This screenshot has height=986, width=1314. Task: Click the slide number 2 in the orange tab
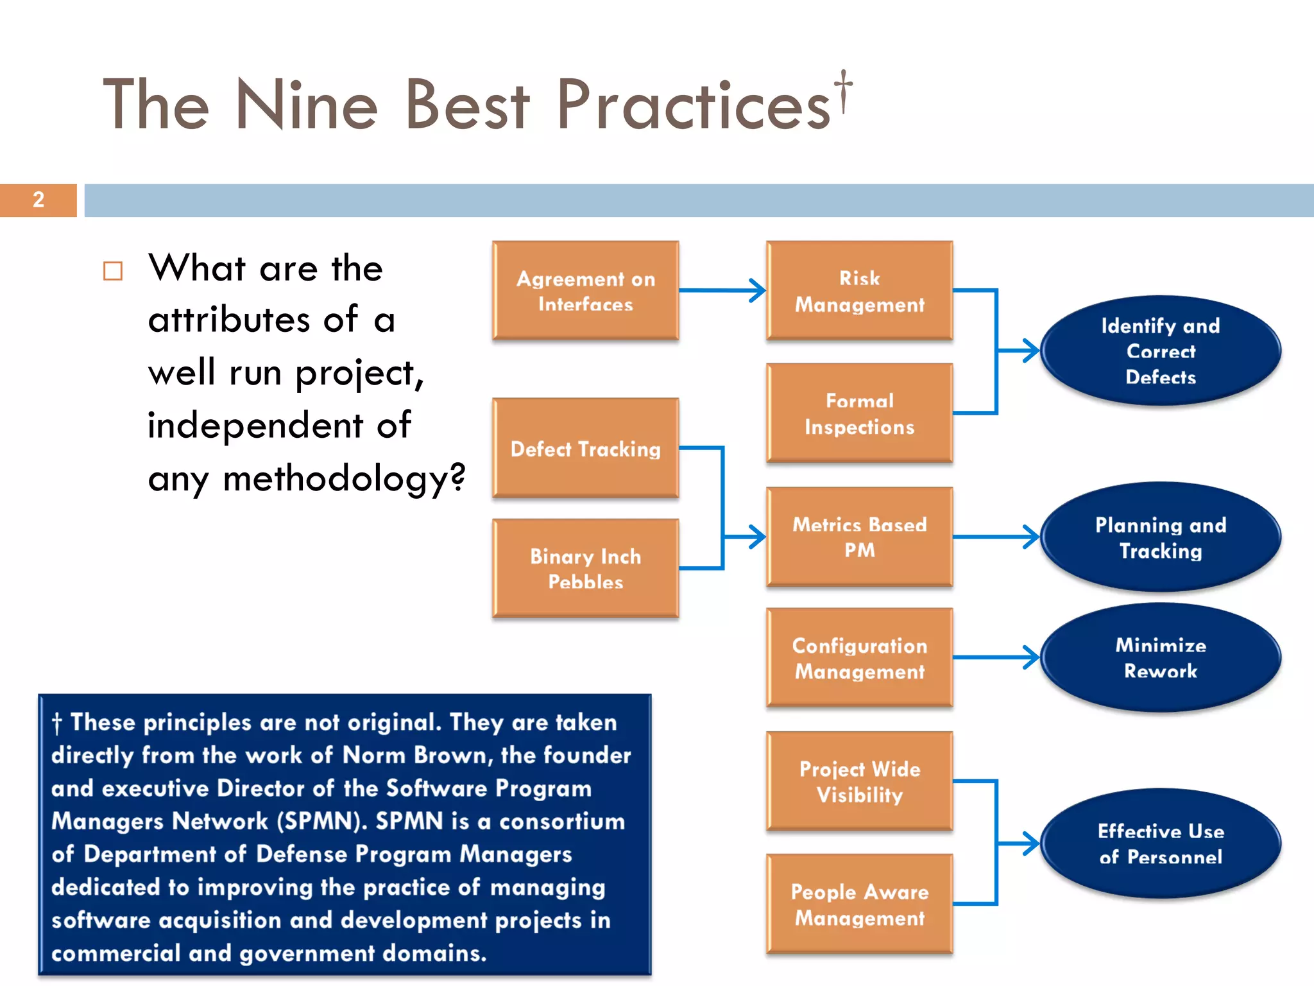click(x=38, y=200)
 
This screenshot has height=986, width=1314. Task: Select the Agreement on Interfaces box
click(x=585, y=291)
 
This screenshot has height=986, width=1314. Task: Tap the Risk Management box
click(x=859, y=291)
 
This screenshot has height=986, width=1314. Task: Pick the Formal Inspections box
click(x=859, y=413)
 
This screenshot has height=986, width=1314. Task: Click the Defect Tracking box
click(x=585, y=448)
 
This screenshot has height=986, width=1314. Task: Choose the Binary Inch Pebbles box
click(x=585, y=568)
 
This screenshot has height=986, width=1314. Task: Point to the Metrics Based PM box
click(x=859, y=537)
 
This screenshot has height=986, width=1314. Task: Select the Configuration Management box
click(x=859, y=658)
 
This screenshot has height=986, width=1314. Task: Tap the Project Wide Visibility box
click(x=859, y=781)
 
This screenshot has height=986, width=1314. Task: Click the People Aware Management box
click(x=859, y=904)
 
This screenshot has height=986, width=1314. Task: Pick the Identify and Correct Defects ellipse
click(x=1160, y=350)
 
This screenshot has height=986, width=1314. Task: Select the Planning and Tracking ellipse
click(x=1160, y=537)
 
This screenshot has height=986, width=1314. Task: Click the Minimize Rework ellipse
click(x=1160, y=658)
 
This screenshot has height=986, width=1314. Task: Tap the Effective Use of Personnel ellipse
click(x=1160, y=843)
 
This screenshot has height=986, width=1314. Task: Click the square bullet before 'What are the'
click(x=113, y=271)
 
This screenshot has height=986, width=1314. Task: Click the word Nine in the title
click(x=307, y=104)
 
